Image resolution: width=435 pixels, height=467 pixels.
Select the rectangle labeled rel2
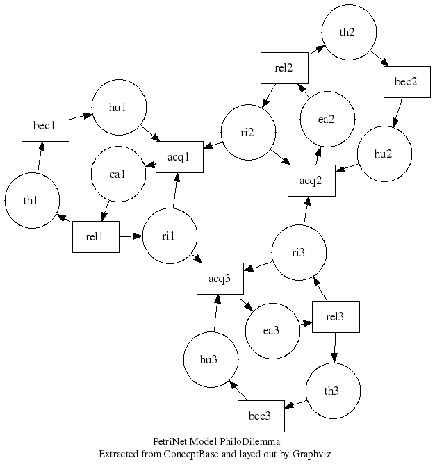[x=284, y=67]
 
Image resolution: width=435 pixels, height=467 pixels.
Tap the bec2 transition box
[x=406, y=83]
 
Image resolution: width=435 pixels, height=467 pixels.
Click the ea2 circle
[x=327, y=119]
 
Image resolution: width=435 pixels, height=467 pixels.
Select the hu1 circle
[x=119, y=107]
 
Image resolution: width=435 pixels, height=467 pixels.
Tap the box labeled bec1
[x=45, y=126]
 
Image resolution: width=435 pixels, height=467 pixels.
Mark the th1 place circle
[x=31, y=201]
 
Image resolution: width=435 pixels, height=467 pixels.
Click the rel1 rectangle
[x=95, y=237]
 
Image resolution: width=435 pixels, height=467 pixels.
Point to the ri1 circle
[x=168, y=236]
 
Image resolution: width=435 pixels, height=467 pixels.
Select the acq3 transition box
[x=220, y=279]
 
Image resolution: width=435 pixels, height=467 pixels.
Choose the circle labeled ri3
[x=298, y=252]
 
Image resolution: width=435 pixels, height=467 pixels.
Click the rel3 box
[x=336, y=317]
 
